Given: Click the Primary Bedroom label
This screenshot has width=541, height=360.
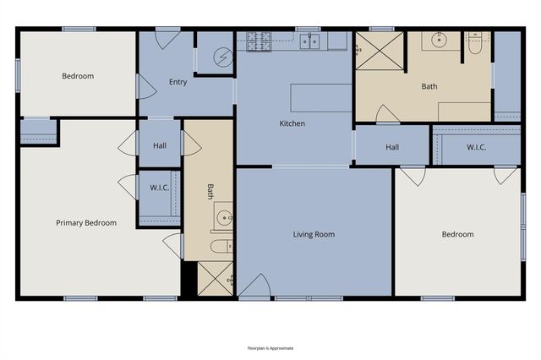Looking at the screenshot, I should [86, 223].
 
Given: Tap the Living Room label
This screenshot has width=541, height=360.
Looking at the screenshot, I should [314, 234].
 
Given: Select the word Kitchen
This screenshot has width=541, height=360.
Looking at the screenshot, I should [292, 124].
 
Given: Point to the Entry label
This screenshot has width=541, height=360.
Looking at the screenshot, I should [178, 82].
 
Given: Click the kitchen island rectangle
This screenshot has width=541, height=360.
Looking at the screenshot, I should [321, 97].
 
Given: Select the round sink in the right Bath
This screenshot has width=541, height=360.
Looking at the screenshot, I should [440, 39].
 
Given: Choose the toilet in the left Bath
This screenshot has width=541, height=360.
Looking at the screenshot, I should [221, 248].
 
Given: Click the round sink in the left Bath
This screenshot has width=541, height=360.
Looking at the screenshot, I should [224, 216].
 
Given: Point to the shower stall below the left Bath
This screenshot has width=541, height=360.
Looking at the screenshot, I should [215, 278].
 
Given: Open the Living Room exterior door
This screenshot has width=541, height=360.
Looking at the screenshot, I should [254, 287].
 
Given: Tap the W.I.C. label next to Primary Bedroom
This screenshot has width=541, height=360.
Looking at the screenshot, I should [160, 187].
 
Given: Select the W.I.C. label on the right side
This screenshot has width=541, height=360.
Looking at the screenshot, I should [477, 147].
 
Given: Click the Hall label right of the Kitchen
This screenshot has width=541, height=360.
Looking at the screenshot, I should [392, 147].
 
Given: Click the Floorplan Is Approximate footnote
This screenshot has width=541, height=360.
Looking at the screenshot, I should [270, 347].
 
